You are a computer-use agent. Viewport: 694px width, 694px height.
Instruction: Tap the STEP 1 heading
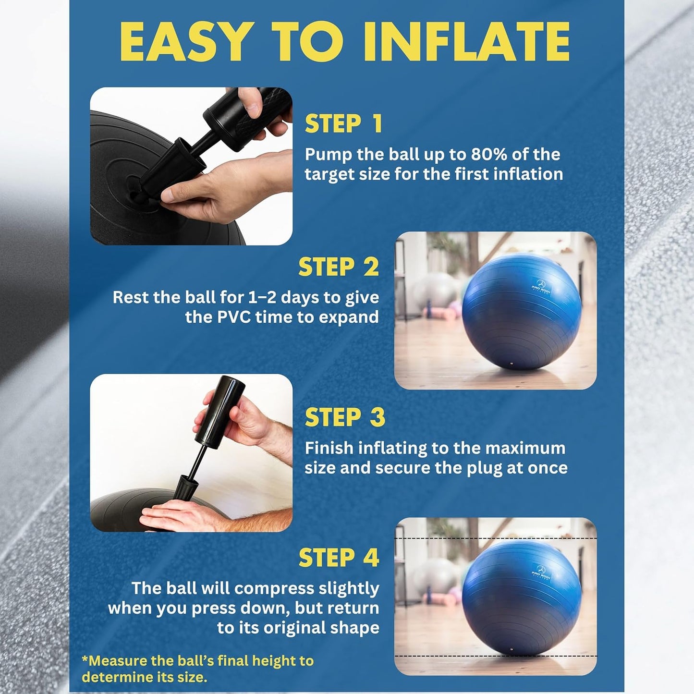[344, 124]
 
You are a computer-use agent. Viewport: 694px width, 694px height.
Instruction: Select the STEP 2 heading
[339, 267]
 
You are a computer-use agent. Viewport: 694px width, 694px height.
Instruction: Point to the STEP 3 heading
[345, 417]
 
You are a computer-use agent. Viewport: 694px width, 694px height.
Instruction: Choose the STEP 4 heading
[339, 558]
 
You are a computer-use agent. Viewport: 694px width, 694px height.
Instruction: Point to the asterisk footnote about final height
[197, 669]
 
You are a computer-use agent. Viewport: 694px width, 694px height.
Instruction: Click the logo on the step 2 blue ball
[541, 286]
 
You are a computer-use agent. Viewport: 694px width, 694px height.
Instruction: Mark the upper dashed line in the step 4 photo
[495, 539]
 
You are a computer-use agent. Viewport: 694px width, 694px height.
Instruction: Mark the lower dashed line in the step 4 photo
[495, 656]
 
